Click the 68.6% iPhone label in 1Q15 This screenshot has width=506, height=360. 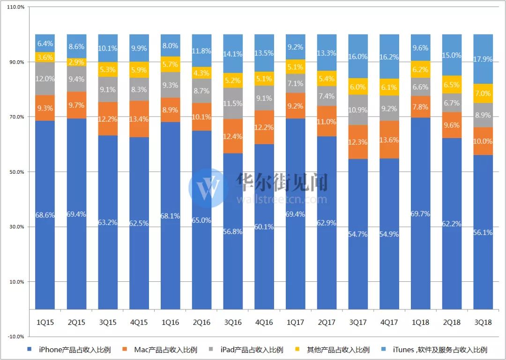point(45,215)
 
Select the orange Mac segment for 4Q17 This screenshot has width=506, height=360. point(389,140)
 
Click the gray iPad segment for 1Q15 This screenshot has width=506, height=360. point(45,79)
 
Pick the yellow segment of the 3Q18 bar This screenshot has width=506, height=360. point(483,93)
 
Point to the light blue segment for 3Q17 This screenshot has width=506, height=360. point(358,56)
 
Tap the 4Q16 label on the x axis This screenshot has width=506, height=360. point(264,323)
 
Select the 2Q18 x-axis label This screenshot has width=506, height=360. point(452,323)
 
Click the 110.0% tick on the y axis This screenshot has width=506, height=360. point(16,7)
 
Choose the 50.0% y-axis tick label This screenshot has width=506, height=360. point(16,172)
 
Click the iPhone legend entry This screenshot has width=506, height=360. point(70,350)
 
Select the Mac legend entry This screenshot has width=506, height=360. point(161,350)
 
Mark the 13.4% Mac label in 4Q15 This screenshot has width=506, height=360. point(139,119)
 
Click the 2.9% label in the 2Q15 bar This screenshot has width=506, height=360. point(76,62)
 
